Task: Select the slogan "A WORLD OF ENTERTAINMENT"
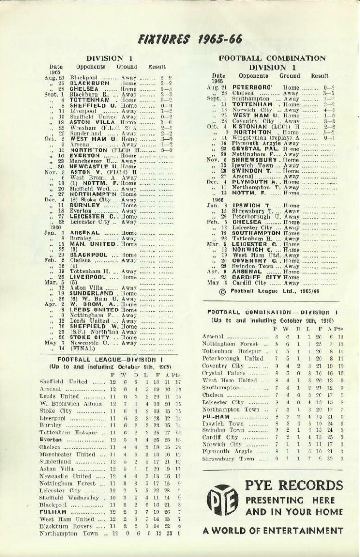273,530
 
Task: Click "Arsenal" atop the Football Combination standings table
213,337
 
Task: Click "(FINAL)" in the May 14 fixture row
83,348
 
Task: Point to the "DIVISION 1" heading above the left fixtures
105,58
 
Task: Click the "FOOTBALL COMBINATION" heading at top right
272,58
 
